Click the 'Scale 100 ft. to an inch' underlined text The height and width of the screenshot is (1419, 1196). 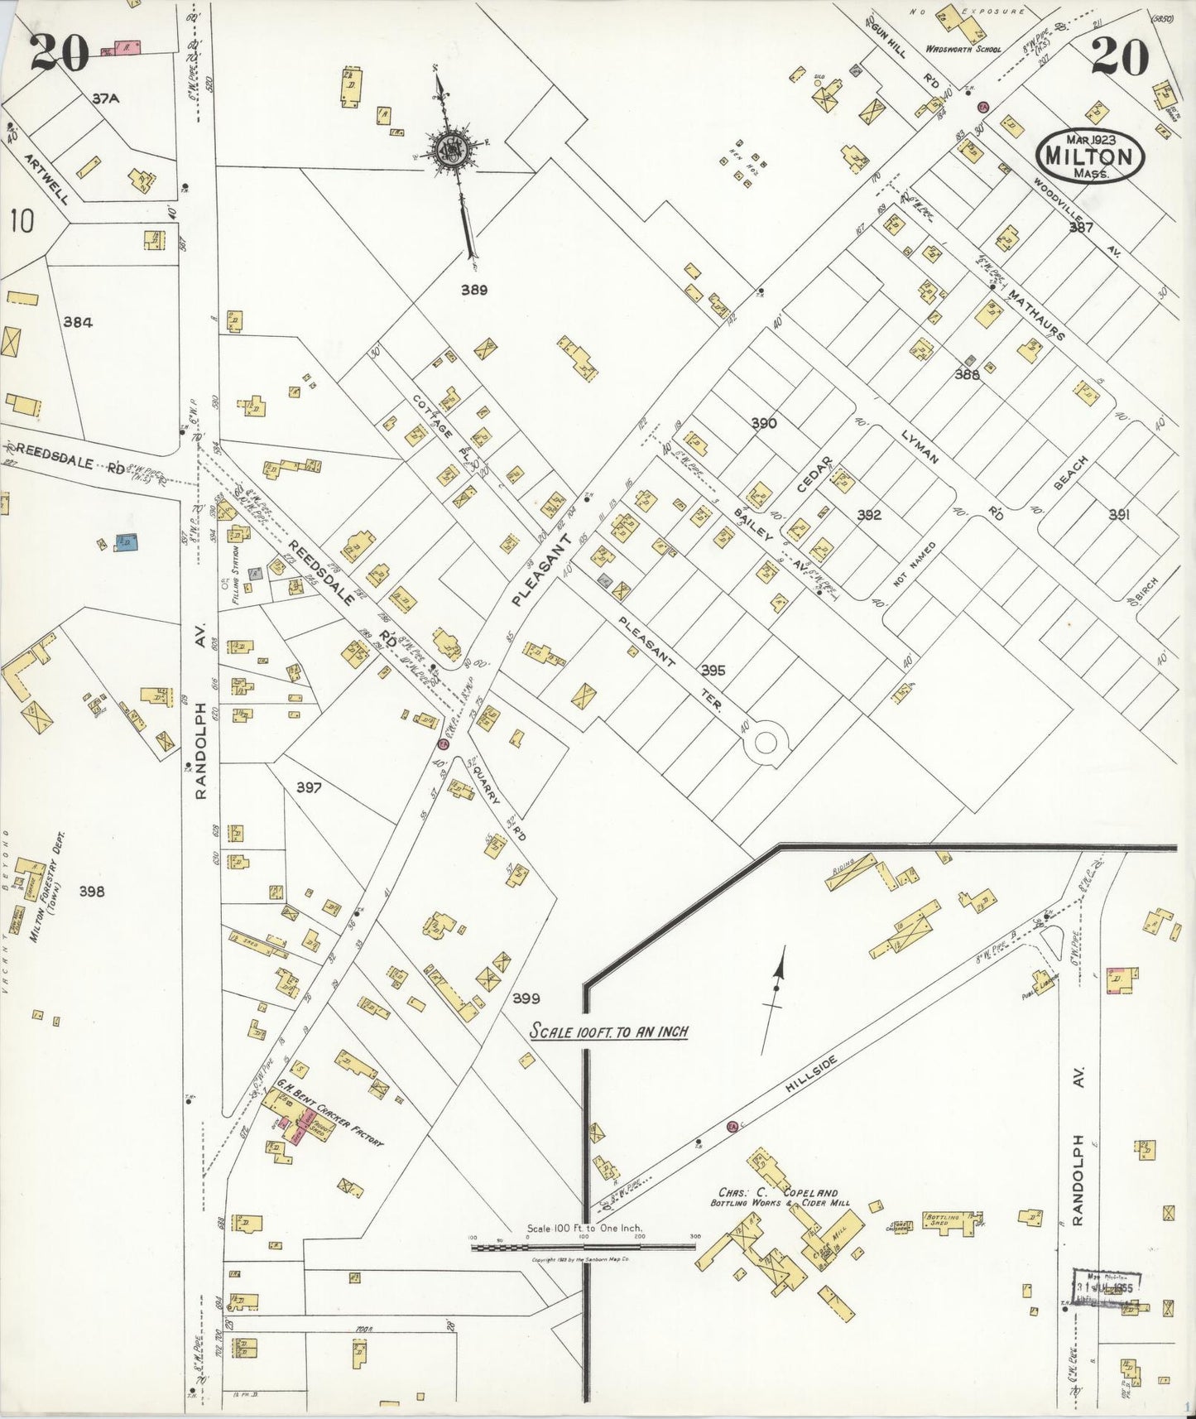pos(609,1032)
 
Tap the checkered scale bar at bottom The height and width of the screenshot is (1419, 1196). pos(583,1247)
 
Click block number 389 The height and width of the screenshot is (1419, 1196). pos(474,290)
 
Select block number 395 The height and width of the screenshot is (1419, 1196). pos(713,670)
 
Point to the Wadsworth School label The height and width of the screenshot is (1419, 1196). pos(963,49)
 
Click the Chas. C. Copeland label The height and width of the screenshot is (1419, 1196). pos(773,1192)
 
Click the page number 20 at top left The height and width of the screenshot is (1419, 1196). pos(60,55)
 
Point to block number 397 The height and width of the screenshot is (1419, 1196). pos(309,787)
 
